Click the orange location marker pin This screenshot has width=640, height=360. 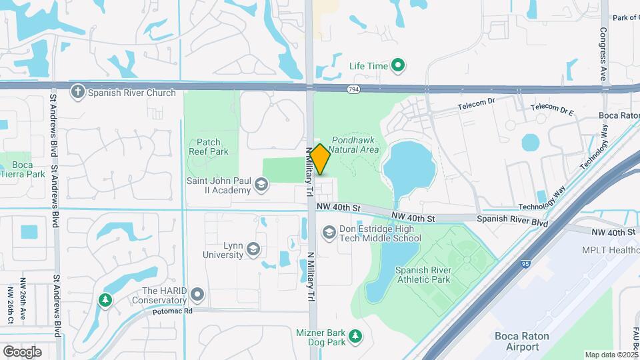[x=320, y=159]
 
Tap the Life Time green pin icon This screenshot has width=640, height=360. [x=398, y=65]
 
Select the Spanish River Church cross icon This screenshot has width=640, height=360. [x=78, y=93]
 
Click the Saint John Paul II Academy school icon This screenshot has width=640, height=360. [x=261, y=184]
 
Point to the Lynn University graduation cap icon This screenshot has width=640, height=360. [x=253, y=250]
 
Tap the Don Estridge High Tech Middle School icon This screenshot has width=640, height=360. [x=329, y=233]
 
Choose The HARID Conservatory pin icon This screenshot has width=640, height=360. [x=197, y=294]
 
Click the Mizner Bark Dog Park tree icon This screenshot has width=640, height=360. [x=356, y=335]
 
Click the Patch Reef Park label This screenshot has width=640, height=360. [x=213, y=147]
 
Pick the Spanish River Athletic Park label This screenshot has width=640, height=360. [x=423, y=275]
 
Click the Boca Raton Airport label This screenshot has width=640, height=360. [x=522, y=341]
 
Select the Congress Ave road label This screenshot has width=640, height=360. [x=603, y=54]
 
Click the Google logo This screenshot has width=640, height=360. [x=23, y=351]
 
